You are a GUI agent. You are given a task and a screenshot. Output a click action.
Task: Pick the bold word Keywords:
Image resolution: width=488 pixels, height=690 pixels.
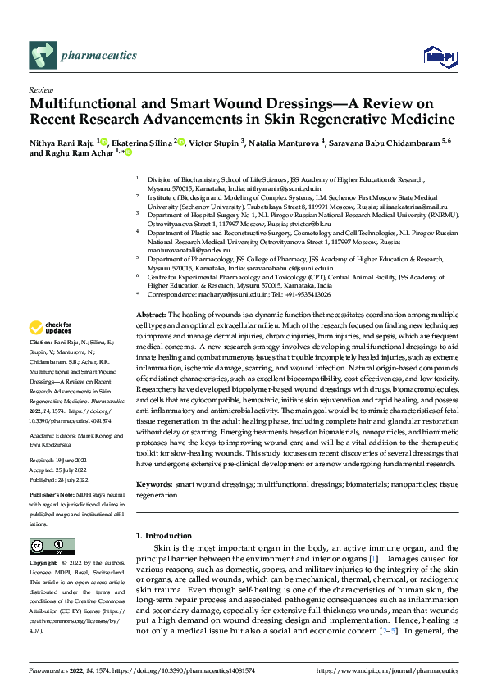[153, 484]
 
